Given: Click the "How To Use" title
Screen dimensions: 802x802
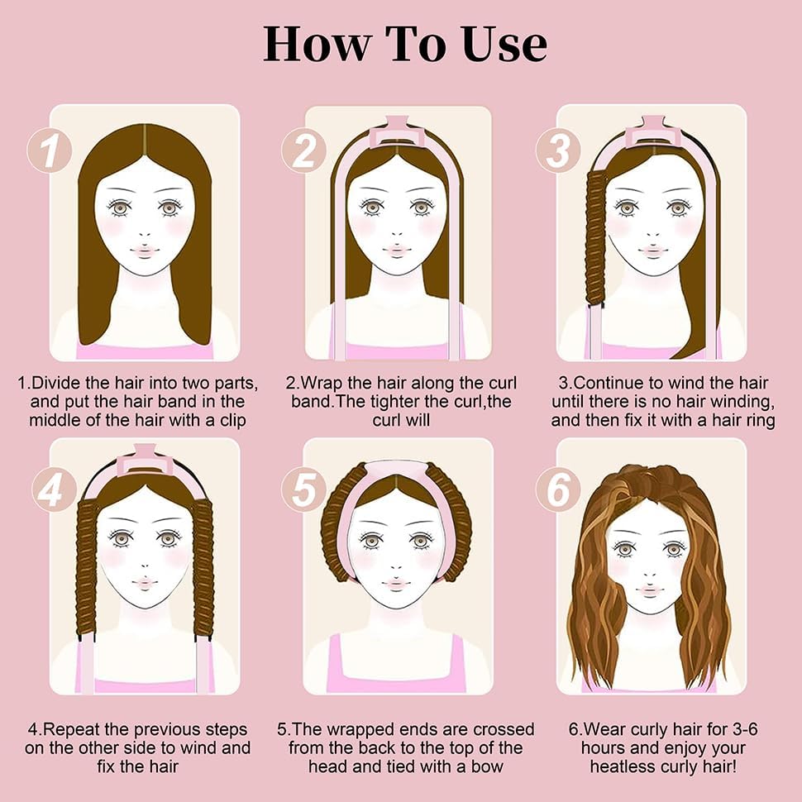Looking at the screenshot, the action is pos(404,44).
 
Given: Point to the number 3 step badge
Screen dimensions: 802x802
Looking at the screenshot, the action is pos(559,150).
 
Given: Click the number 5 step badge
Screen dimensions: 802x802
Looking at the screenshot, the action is pos(303,489).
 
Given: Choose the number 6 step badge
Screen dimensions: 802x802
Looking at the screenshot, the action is pos(559,489).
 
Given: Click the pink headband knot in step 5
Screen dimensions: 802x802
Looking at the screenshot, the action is pos(396,471).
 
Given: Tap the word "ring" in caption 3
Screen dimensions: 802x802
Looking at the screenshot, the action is pos(761,421).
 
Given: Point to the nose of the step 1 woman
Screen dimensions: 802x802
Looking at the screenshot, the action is pos(146,234).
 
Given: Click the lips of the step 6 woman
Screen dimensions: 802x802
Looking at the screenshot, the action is pos(650,590).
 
